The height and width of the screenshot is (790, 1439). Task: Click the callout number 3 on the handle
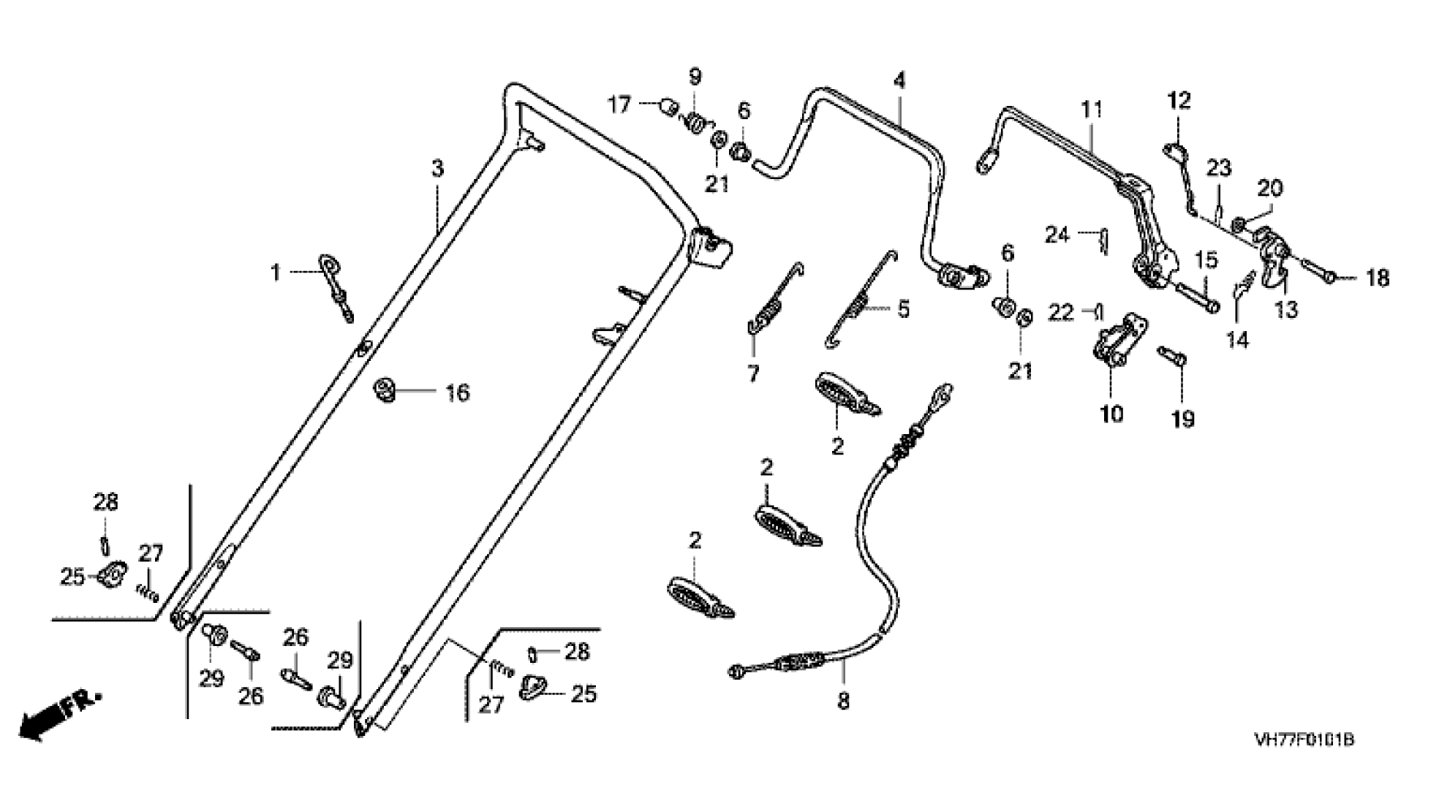click(437, 169)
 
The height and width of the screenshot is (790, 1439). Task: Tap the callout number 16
click(458, 393)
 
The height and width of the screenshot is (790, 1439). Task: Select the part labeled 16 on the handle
click(384, 389)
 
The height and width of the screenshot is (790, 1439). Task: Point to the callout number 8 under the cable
click(843, 701)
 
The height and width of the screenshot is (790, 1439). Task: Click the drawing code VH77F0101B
click(1304, 740)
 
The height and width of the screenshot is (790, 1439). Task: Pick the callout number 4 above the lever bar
click(899, 80)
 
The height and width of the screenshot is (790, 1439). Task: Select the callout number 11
click(1091, 110)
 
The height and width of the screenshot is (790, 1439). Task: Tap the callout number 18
click(1377, 278)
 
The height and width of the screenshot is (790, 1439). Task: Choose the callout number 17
click(619, 105)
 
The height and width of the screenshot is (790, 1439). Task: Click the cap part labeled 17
click(666, 107)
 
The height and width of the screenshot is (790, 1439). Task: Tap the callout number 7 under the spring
click(753, 373)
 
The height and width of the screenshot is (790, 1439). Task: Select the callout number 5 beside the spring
click(904, 309)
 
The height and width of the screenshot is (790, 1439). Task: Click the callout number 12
click(1179, 100)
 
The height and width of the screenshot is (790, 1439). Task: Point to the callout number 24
click(1057, 235)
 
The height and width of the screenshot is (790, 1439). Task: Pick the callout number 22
click(1062, 313)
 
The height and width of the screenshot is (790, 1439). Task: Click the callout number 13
click(1285, 310)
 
